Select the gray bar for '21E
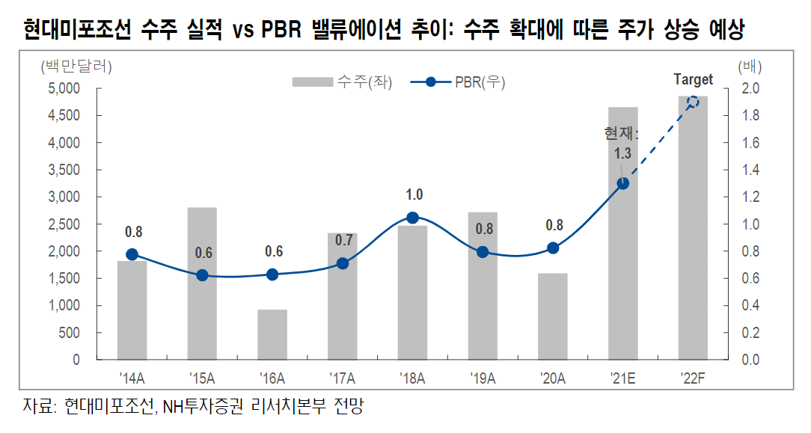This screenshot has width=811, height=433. [623, 284]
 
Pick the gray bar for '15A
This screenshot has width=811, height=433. [202, 314]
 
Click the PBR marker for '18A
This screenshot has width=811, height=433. [412, 218]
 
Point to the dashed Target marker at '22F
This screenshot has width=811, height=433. [693, 102]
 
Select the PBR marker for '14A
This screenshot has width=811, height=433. [132, 254]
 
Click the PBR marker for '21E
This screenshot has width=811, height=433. [622, 183]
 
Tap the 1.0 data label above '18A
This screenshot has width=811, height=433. [414, 195]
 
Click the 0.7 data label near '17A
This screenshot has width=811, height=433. [343, 240]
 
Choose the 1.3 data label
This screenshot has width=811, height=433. [622, 153]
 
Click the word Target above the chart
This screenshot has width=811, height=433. [693, 79]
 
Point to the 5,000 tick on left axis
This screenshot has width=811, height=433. [64, 88]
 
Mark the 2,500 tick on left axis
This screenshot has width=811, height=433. [64, 224]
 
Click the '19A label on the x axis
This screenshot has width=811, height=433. [483, 378]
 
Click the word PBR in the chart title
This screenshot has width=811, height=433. [283, 30]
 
